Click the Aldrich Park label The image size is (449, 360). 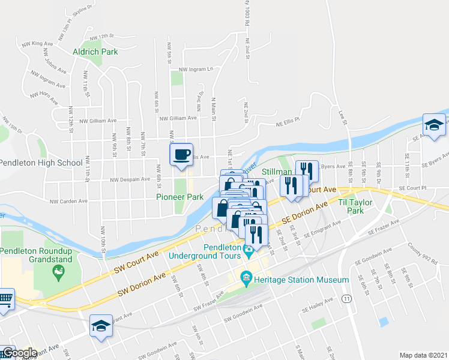click(95, 52)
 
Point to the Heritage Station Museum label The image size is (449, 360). click(301, 280)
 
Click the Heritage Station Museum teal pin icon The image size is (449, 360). click(246, 277)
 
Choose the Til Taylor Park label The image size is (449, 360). click(355, 207)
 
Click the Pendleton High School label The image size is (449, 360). click(41, 163)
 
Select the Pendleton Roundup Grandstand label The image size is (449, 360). click(37, 255)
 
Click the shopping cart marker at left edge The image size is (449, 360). click(5, 298)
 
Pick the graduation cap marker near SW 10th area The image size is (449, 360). click(100, 326)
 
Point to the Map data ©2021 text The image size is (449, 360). click(423, 355)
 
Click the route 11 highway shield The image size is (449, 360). click(346, 298)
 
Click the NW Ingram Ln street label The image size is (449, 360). click(200, 69)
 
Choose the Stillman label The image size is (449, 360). click(277, 172)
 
